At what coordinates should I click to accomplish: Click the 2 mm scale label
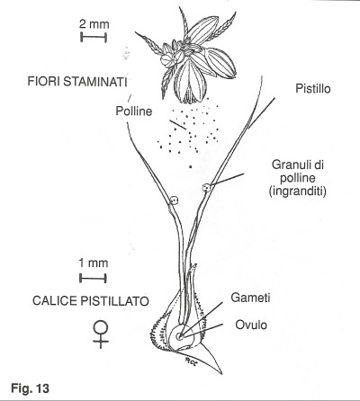pyautogui.click(x=94, y=24)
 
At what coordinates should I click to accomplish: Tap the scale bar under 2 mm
pyautogui.click(x=94, y=37)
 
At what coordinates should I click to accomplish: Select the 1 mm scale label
pyautogui.click(x=93, y=263)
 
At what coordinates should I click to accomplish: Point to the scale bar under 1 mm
pyautogui.click(x=93, y=278)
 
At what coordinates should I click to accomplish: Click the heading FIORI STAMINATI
pyautogui.click(x=77, y=82)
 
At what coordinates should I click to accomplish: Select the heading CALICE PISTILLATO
pyautogui.click(x=91, y=300)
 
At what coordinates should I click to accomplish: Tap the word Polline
pyautogui.click(x=134, y=111)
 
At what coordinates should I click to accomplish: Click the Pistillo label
pyautogui.click(x=313, y=88)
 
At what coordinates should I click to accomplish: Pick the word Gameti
pyautogui.click(x=250, y=298)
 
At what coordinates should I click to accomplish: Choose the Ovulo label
pyautogui.click(x=251, y=325)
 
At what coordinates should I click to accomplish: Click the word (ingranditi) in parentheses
pyautogui.click(x=297, y=192)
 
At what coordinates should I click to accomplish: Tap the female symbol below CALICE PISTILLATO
pyautogui.click(x=101, y=334)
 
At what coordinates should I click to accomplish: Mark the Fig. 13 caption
pyautogui.click(x=30, y=388)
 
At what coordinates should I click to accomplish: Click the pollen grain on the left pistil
pyautogui.click(x=174, y=200)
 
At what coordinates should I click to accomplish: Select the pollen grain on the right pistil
pyautogui.click(x=206, y=188)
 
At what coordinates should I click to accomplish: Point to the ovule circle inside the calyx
pyautogui.click(x=180, y=336)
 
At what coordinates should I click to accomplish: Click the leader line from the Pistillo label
pyautogui.click(x=262, y=113)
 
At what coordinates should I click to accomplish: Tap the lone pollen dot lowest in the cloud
pyautogui.click(x=190, y=166)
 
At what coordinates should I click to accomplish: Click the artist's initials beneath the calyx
pyautogui.click(x=190, y=361)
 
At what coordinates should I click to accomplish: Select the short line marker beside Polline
pyautogui.click(x=177, y=125)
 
